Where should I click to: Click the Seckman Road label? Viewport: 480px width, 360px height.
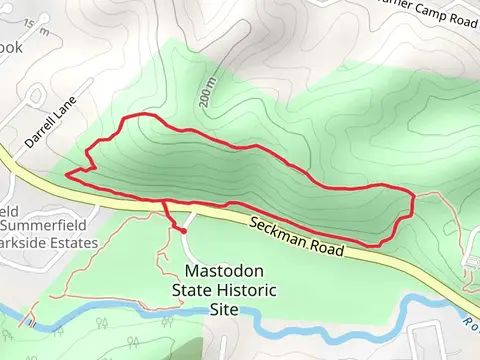point(297,237)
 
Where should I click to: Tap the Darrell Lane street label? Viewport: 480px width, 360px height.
point(49,129)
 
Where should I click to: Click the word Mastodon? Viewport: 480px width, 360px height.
point(224,271)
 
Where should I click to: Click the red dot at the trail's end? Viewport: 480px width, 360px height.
point(183,231)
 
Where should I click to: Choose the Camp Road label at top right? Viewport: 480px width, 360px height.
point(429,15)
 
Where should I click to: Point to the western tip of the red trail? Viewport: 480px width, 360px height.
point(67,174)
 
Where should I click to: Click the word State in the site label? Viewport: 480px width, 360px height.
point(189,290)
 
